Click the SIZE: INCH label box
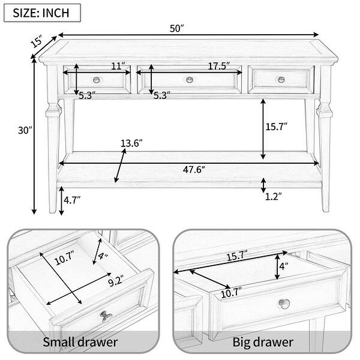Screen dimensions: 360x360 (x=42, y=13)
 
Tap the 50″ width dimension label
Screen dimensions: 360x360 (x=177, y=29)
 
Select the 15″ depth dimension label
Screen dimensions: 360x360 (x=37, y=41)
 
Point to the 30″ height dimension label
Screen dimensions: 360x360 (x=25, y=130)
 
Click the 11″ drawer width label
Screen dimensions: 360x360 (x=118, y=66)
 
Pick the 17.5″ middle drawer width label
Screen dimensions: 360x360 (x=219, y=66)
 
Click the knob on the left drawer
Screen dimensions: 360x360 (x=97, y=80)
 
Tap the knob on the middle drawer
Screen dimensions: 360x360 (x=190, y=80)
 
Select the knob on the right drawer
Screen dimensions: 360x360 (x=281, y=80)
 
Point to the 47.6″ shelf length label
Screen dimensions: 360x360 (x=194, y=170)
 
